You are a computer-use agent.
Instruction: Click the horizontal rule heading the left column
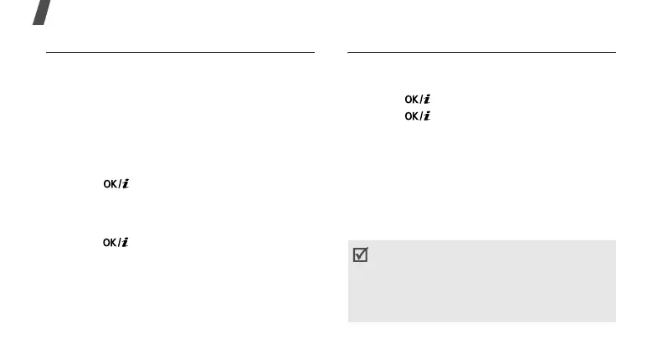coord(180,52)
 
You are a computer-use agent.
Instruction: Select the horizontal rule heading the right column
coord(481,52)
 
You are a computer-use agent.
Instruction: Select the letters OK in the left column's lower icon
coord(110,243)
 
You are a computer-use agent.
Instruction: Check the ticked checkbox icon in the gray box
coord(361,256)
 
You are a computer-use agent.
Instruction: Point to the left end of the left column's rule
coord(48,52)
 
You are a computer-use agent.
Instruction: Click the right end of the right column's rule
coord(614,52)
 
